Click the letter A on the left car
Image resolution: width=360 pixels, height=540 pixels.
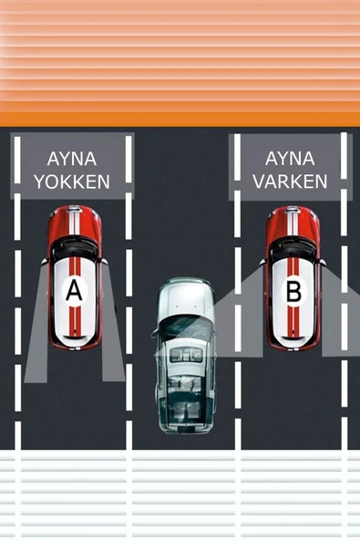tap(74, 291)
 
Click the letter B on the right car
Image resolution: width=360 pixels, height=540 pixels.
tap(293, 292)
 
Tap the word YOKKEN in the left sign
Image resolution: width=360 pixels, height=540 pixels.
tap(71, 182)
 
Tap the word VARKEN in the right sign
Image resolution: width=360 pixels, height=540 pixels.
tap(290, 182)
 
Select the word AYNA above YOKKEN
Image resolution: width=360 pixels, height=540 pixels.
tap(71, 157)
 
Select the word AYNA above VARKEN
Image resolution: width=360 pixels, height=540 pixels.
tap(290, 157)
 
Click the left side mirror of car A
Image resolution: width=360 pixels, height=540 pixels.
tap(43, 262)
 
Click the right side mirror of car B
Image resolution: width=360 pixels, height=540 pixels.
tap(323, 262)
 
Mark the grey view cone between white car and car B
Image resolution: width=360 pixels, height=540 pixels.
tap(239, 319)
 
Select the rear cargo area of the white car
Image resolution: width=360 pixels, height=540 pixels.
tap(185, 401)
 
